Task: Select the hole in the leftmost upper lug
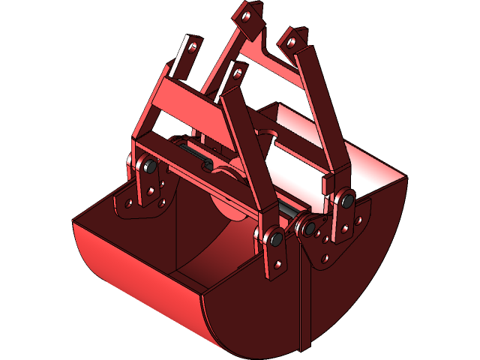[193, 47]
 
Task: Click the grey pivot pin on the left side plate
[149, 166]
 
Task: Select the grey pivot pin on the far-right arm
[347, 199]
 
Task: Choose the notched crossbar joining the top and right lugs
[270, 56]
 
